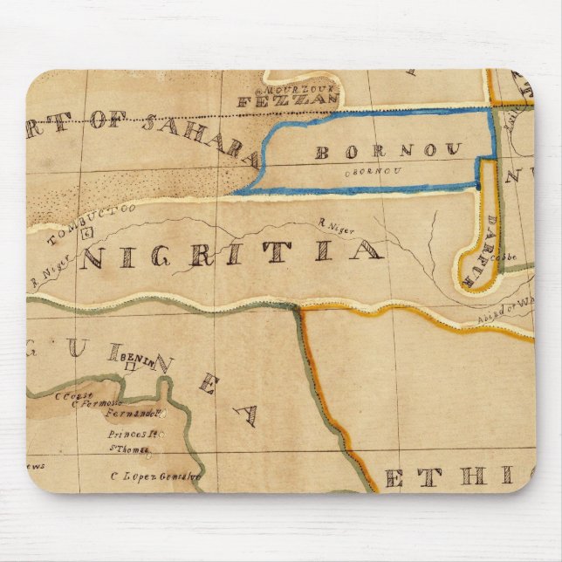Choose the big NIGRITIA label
pos(231,254)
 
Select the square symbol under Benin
pos(132,370)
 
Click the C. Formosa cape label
pos(95,403)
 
